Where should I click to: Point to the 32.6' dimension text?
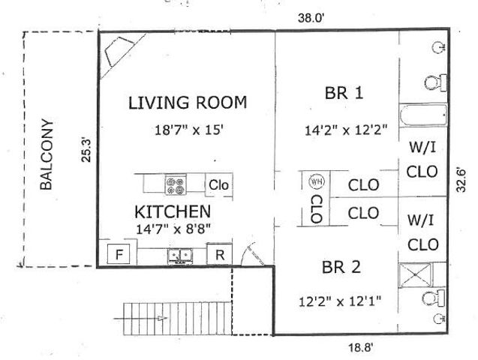(x=463, y=179)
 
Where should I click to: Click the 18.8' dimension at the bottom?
(x=360, y=347)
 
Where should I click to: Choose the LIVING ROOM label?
(x=187, y=103)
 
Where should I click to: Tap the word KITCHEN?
(x=172, y=211)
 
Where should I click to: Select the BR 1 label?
(x=344, y=94)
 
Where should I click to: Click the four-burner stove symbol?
(x=176, y=184)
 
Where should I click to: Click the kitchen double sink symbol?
(x=179, y=257)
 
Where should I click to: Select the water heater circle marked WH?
(x=315, y=182)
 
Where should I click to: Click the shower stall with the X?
(x=423, y=275)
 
